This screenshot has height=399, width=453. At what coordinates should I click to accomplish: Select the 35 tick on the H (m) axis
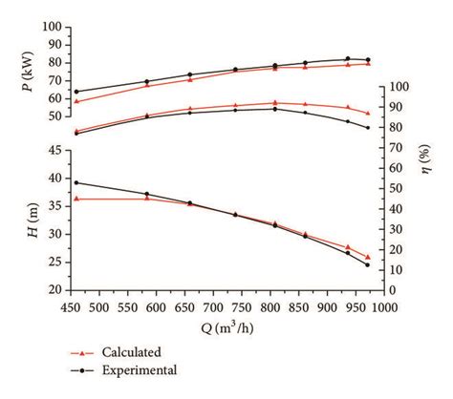point(55,206)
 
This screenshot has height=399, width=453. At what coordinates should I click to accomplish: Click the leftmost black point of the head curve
point(76,182)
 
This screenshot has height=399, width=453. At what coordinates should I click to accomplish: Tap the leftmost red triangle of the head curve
point(76,199)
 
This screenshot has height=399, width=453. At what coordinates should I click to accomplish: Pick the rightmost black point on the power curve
point(368,60)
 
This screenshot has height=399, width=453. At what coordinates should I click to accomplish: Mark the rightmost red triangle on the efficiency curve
point(368,113)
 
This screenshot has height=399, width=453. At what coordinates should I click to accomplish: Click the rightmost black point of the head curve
point(368,264)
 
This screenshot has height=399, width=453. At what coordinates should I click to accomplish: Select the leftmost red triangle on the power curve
point(76,101)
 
